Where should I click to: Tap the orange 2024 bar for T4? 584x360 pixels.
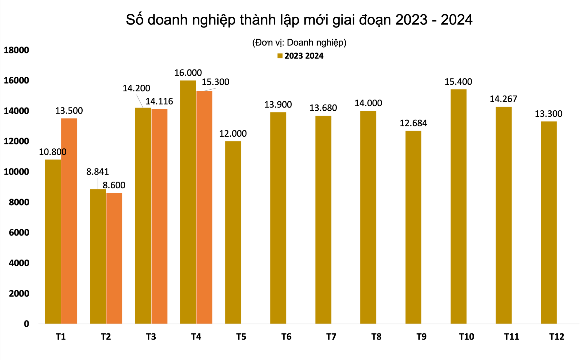coord(204,207)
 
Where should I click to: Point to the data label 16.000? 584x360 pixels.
coord(188,73)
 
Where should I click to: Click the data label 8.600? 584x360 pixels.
coord(114,185)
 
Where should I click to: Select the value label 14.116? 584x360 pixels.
coord(159,101)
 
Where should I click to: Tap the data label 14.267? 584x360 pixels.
coord(503,99)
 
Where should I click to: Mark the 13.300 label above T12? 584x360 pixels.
coord(548,114)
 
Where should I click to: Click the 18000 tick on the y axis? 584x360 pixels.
coord(16,50)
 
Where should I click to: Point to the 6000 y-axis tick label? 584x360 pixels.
coord(19,232)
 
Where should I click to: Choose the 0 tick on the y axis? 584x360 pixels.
coord(26,324)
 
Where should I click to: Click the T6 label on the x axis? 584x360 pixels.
coord(286,337)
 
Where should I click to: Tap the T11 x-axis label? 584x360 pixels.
coord(511,337)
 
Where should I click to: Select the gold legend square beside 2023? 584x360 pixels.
coord(280,56)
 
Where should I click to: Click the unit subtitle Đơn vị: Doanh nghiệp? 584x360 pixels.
coord(299,43)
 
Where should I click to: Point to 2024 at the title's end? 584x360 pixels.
coord(456,20)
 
